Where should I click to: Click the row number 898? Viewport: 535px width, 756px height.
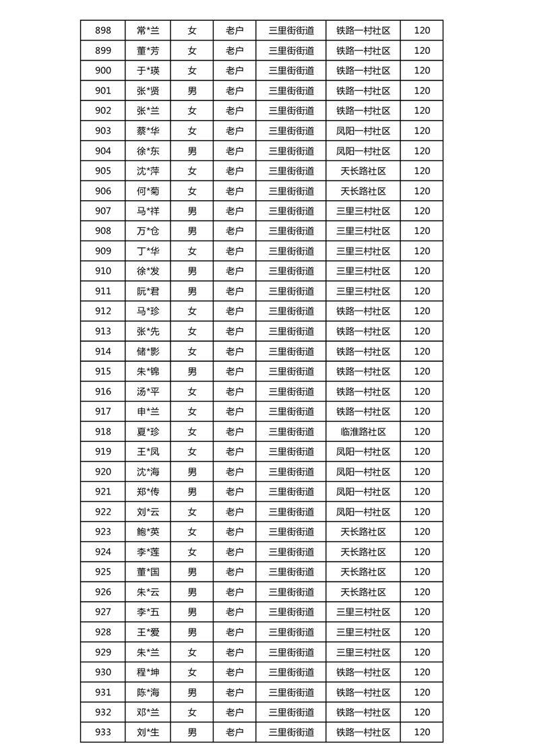[x=103, y=30]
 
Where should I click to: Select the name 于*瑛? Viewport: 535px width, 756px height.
[x=148, y=71]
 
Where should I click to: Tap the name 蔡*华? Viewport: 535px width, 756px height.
[x=148, y=131]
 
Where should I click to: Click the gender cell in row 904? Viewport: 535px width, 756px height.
[x=192, y=151]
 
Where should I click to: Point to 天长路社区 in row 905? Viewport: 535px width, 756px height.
[x=363, y=171]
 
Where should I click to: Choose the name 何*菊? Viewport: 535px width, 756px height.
[x=148, y=191]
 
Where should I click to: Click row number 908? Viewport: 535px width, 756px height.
[x=103, y=231]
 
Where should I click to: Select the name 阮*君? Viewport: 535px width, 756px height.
[x=148, y=291]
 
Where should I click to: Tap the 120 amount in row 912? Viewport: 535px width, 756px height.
[x=422, y=311]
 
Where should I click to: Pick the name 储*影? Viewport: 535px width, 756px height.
[x=148, y=351]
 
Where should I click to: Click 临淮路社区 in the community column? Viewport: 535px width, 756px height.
[x=363, y=431]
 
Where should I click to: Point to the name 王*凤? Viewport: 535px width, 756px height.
[x=148, y=451]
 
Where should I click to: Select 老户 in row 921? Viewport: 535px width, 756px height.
[x=234, y=492]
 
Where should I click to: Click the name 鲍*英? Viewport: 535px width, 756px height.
[x=148, y=532]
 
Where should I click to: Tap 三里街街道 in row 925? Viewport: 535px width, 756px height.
[x=291, y=572]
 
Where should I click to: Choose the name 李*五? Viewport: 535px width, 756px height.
[x=148, y=612]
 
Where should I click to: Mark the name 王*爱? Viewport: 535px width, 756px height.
[x=148, y=632]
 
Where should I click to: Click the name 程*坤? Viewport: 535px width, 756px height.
[x=148, y=672]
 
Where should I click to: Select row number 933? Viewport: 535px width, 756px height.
[x=103, y=732]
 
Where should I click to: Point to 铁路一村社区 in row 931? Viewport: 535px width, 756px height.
[x=363, y=692]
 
